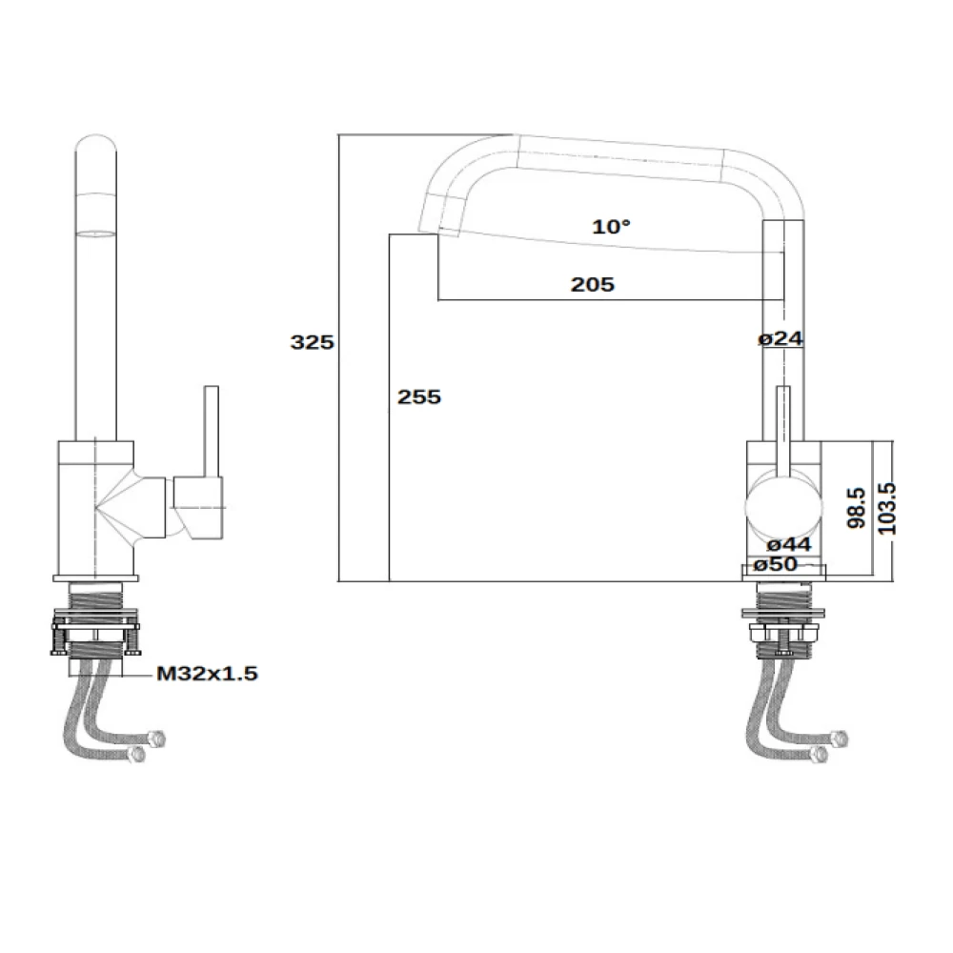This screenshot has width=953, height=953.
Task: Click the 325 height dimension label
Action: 312,342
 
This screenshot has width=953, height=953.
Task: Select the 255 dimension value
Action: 419,396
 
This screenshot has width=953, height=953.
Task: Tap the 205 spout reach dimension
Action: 593,284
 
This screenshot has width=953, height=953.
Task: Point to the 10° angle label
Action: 611,227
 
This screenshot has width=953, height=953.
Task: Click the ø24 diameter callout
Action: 782,338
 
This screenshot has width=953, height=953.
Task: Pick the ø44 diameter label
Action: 788,544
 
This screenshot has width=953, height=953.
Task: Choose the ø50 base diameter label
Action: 775,564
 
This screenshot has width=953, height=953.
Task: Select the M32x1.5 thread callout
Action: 207,674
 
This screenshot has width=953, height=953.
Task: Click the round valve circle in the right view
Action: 781,506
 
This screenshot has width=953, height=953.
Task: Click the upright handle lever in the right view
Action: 783,429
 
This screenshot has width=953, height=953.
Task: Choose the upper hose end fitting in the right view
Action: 839,739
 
